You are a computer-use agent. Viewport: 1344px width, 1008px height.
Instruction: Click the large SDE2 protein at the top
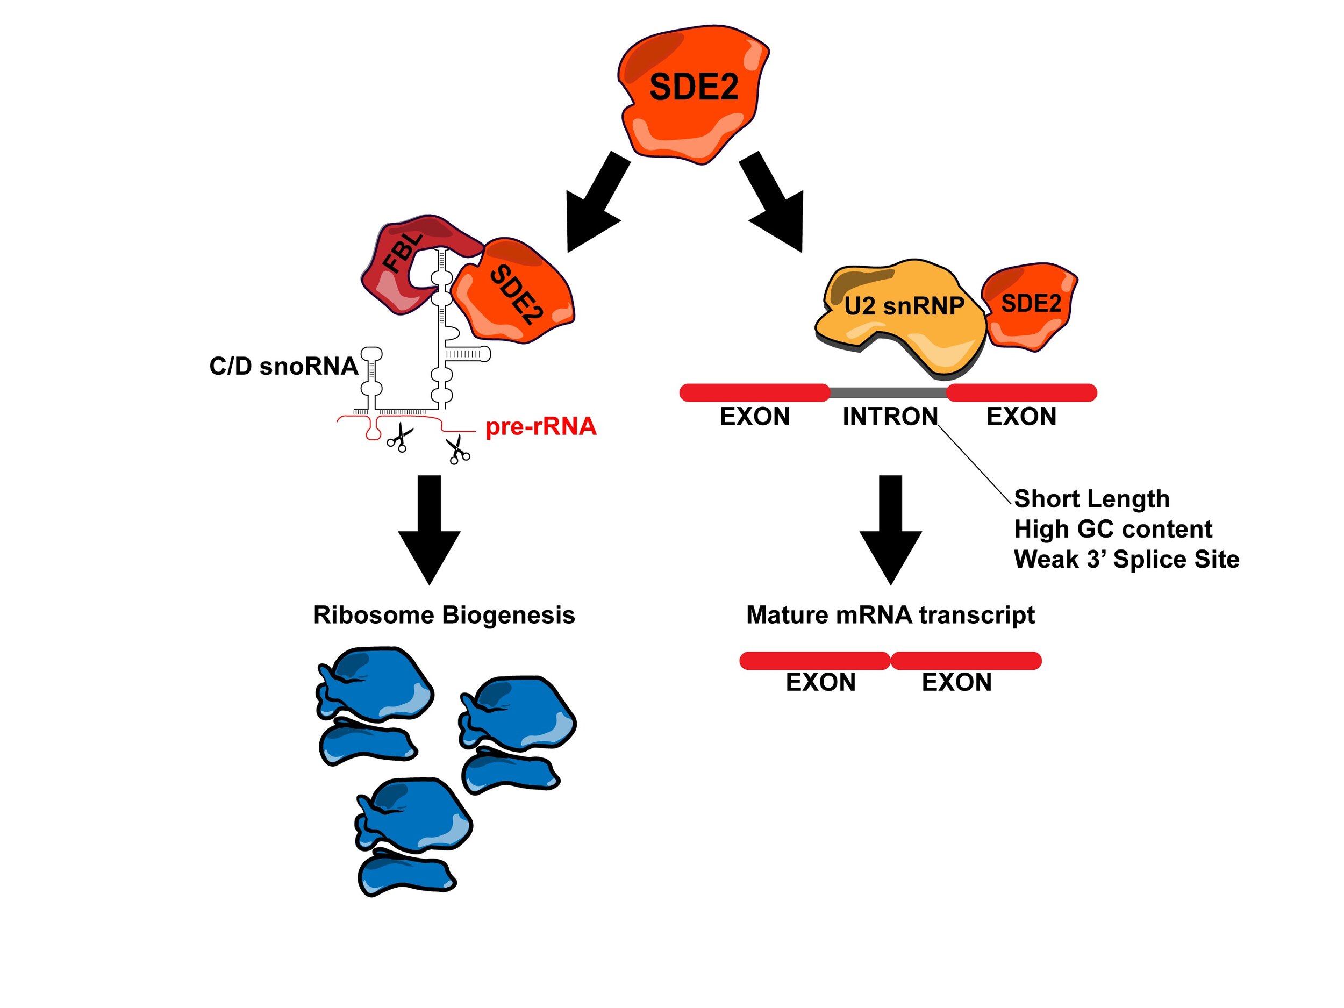coord(692,91)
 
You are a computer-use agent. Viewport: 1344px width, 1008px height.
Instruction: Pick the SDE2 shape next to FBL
coord(517,291)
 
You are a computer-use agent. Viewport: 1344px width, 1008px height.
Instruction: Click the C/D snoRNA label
coord(283,367)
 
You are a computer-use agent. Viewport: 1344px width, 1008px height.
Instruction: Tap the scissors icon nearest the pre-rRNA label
coord(458,450)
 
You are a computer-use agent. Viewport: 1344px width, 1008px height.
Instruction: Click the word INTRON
coord(890,417)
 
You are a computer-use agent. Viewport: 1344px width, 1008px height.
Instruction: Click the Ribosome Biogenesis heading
coord(444,615)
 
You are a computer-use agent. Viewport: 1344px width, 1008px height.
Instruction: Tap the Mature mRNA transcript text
coord(890,615)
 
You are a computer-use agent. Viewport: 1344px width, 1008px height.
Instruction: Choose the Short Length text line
coord(1091,499)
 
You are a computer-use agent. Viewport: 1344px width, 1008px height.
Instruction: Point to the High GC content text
coord(1112,529)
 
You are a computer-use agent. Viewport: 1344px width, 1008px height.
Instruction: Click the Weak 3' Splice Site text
coord(1126,560)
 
